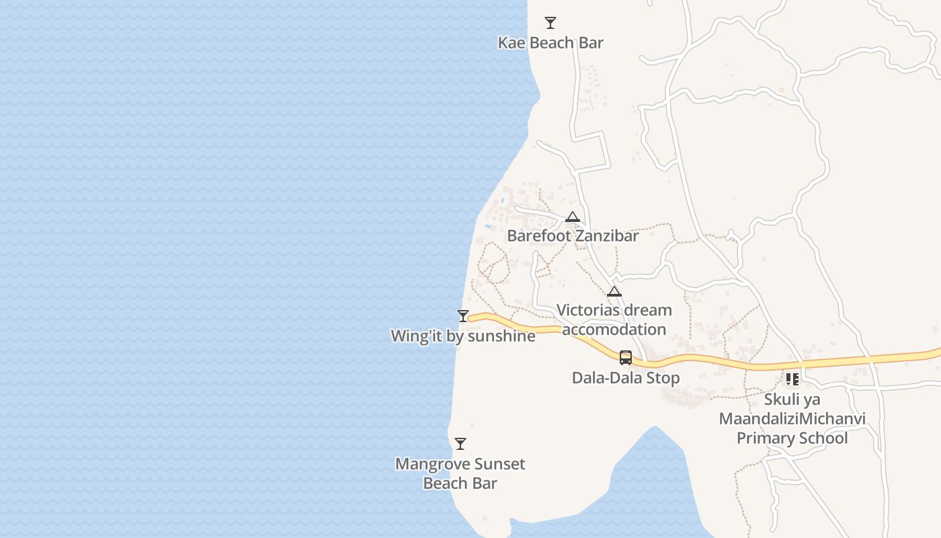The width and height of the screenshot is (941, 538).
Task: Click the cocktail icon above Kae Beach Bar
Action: coord(550,23)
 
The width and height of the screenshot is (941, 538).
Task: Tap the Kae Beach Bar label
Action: coord(550,43)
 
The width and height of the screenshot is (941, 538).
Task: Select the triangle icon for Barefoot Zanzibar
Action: coord(573,217)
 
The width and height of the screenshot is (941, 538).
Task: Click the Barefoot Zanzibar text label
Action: coord(573,236)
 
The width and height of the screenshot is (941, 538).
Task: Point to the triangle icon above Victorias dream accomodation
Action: coord(614,292)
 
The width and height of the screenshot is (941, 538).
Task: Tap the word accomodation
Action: coord(614,330)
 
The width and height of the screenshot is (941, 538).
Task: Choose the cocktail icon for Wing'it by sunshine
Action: coord(463,316)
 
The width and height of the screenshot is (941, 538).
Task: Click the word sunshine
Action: coord(501,336)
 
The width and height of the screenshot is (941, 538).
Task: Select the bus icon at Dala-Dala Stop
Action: coord(626,358)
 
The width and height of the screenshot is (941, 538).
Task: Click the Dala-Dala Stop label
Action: coord(626,378)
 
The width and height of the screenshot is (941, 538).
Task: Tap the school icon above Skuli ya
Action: coord(792,379)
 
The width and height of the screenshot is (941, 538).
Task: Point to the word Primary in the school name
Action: coord(764,438)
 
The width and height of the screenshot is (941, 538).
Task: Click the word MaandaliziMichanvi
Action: coord(792,419)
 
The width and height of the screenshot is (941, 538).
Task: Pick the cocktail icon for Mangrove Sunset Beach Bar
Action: coord(460,444)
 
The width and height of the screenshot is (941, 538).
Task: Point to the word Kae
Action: coord(511,43)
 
